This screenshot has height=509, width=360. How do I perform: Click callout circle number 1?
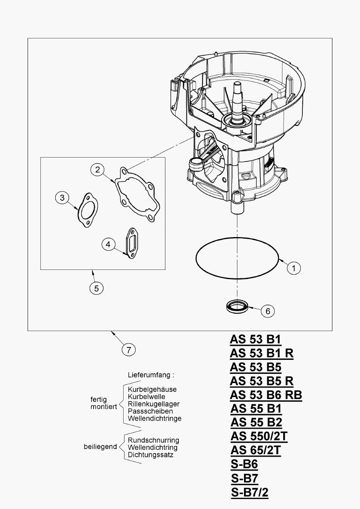pyautogui.click(x=294, y=267)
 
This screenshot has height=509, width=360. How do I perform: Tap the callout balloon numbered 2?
pyautogui.click(x=97, y=170)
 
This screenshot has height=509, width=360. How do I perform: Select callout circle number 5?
pyautogui.click(x=96, y=287)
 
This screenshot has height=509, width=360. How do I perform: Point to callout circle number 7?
pyautogui.click(x=128, y=350)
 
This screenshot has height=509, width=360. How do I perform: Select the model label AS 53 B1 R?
pyautogui.click(x=262, y=353)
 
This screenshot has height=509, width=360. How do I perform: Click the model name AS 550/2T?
pyautogui.click(x=259, y=436)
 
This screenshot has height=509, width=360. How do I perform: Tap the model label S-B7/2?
pyautogui.click(x=250, y=492)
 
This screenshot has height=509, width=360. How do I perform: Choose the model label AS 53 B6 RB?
pyautogui.click(x=266, y=395)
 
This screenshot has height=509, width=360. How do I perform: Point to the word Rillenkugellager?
pyautogui.click(x=154, y=404)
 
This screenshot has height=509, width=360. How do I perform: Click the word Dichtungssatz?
pyautogui.click(x=150, y=455)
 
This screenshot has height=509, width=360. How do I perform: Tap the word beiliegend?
pyautogui.click(x=100, y=447)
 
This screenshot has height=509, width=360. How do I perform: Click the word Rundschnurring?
pyautogui.click(x=153, y=440)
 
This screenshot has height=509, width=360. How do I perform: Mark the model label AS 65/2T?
pyautogui.click(x=256, y=450)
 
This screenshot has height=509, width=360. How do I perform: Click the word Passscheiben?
pyautogui.click(x=150, y=411)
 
